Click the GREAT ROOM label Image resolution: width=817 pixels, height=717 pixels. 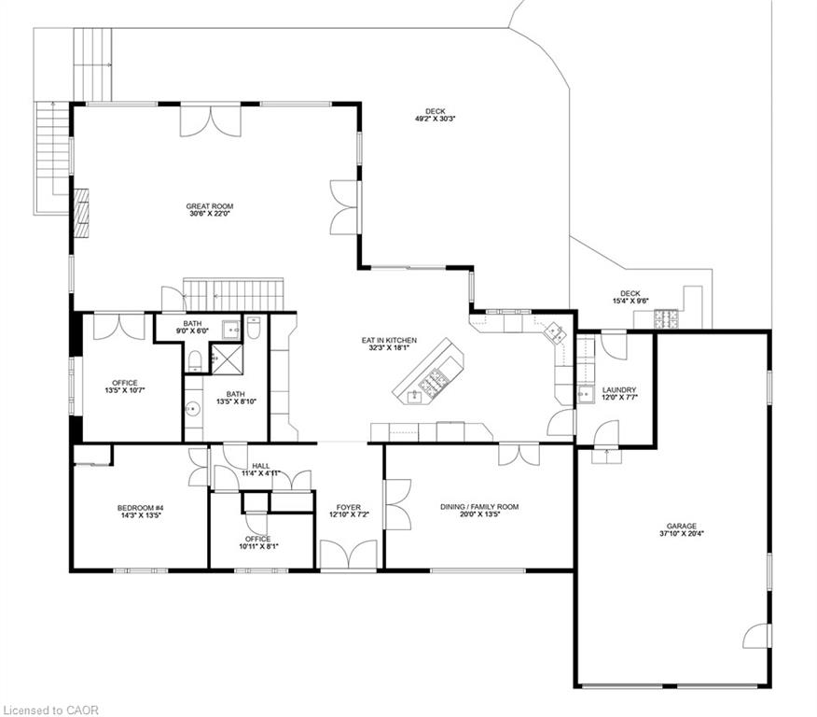pos(210,206)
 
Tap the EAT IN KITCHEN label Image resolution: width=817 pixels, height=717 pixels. pos(389,340)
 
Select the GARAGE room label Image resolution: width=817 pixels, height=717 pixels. pos(681,527)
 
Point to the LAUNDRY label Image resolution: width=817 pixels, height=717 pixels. pos(619,389)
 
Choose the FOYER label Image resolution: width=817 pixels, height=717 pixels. pos(349,507)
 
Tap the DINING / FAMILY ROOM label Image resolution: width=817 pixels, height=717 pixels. pos(479,506)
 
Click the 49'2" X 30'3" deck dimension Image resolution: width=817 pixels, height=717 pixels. pos(435,119)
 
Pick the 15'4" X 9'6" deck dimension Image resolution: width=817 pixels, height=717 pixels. pos(630,301)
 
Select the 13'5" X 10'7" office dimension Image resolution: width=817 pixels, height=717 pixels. pos(125,390)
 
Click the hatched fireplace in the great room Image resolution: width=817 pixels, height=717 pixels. pos(81,213)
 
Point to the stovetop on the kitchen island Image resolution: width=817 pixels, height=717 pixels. pos(434,380)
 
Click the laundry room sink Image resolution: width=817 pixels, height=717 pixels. pos(586,395)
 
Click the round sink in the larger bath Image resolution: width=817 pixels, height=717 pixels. pos(193,409)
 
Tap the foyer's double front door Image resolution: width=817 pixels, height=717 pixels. pos(348,555)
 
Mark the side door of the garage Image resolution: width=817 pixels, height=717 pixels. pos(757,636)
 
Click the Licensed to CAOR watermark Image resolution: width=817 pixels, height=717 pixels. pos(50,710)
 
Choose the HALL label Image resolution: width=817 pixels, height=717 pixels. pos(260,466)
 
